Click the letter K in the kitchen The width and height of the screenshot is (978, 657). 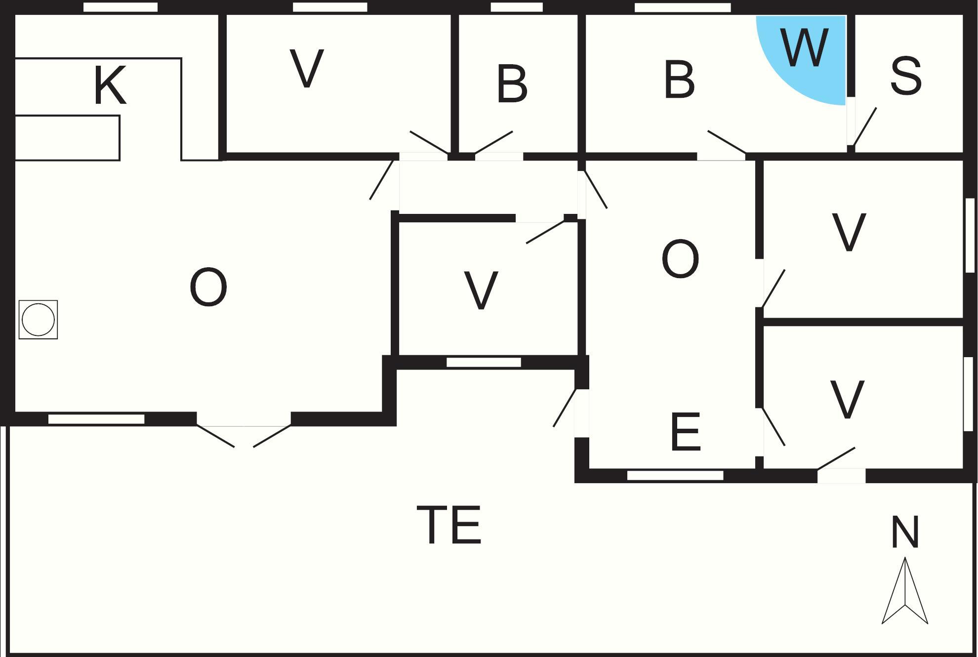tap(110, 85)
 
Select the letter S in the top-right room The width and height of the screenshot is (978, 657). tap(906, 76)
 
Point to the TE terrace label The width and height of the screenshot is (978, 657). tap(449, 524)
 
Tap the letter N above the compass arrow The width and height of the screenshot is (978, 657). tap(905, 532)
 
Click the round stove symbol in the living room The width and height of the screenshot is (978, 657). tap(38, 320)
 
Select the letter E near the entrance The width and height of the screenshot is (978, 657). tap(686, 432)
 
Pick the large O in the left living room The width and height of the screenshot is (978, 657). tap(208, 287)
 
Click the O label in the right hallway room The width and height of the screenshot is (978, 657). tap(680, 259)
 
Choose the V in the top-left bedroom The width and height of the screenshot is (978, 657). tap(307, 68)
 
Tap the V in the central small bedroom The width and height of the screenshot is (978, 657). tap(481, 290)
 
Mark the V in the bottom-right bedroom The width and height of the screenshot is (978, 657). tap(848, 399)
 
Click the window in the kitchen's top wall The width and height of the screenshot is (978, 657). tap(121, 7)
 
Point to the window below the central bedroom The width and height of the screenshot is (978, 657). tap(484, 363)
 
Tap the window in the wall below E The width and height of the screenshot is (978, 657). tap(675, 475)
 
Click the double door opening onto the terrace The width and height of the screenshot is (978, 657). tap(244, 435)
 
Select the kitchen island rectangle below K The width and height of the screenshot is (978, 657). tap(67, 138)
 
